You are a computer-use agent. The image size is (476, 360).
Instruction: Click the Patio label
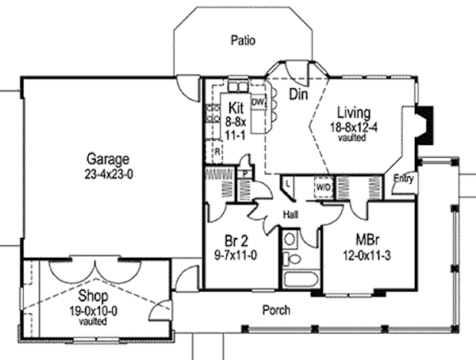tap(242, 38)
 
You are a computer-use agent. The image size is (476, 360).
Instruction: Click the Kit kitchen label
tap(236, 108)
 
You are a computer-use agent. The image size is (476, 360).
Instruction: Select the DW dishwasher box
tap(257, 102)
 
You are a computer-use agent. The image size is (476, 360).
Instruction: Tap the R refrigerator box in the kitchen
tap(216, 149)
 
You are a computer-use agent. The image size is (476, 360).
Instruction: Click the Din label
tap(297, 95)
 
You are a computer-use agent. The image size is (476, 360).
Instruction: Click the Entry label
tap(403, 178)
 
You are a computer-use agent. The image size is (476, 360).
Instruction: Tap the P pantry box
tap(246, 173)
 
